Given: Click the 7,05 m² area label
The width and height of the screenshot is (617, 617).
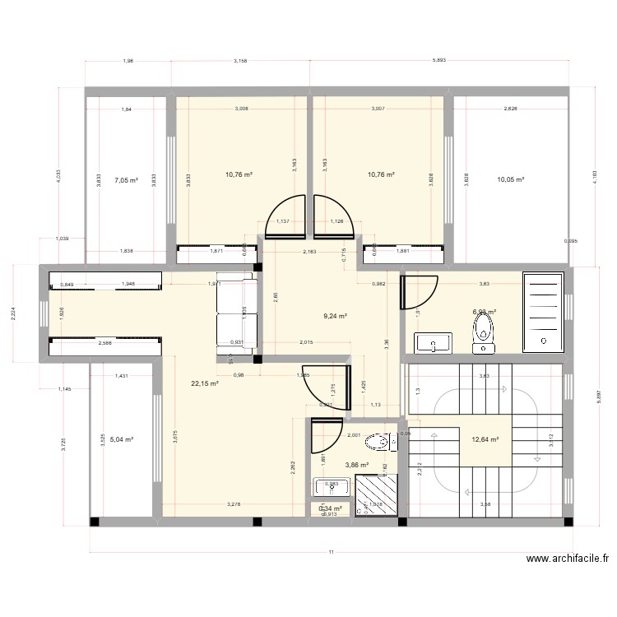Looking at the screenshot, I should [126, 179].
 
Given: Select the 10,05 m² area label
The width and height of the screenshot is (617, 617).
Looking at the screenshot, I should [510, 179].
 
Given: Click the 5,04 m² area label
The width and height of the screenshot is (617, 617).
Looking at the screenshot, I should [122, 439].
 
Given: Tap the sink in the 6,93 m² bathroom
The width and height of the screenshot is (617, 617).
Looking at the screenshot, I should [433, 343].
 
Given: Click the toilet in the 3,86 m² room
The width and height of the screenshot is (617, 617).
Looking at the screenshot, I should [380, 443].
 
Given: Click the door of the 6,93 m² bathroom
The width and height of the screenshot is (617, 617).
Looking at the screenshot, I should [418, 291].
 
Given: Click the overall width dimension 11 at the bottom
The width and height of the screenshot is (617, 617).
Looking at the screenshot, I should [331, 552].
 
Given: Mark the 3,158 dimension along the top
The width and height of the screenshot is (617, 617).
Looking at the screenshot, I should [240, 60].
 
